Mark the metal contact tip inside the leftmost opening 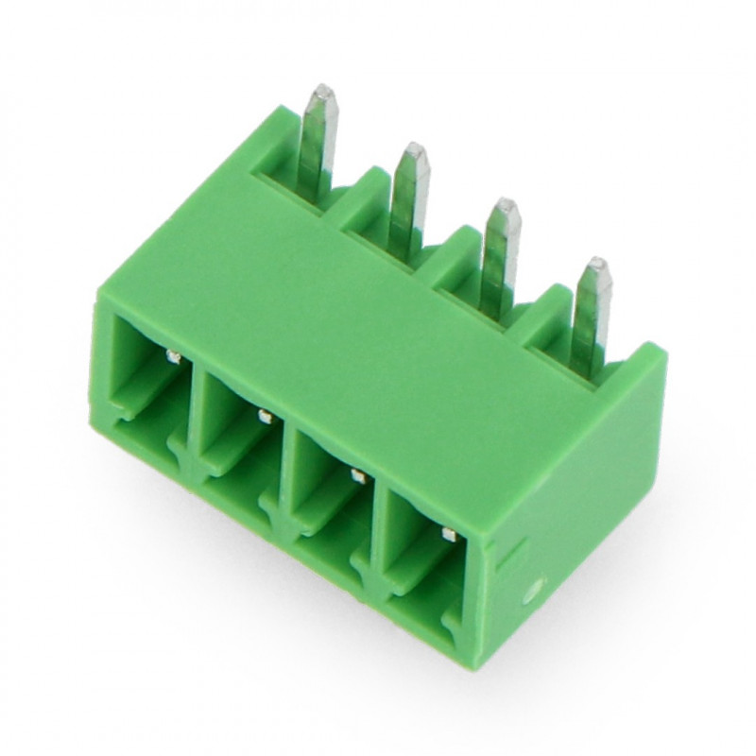click(x=173, y=356)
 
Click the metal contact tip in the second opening click(x=264, y=416)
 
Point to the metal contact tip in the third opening click(x=357, y=475)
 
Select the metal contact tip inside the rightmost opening click(x=449, y=535)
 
